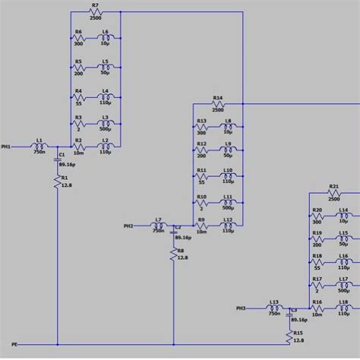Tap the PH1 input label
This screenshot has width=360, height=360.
tap(6, 146)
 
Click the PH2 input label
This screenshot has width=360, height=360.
tap(128, 226)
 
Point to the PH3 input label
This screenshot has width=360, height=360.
tap(241, 308)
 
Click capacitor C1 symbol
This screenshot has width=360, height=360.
tap(58, 159)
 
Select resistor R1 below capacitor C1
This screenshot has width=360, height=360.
tap(58, 182)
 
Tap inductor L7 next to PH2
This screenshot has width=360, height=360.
tap(158, 226)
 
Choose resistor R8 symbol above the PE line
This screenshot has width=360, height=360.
tap(173, 253)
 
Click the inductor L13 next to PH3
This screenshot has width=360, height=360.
tap(273, 308)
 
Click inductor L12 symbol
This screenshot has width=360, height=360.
tap(227, 226)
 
